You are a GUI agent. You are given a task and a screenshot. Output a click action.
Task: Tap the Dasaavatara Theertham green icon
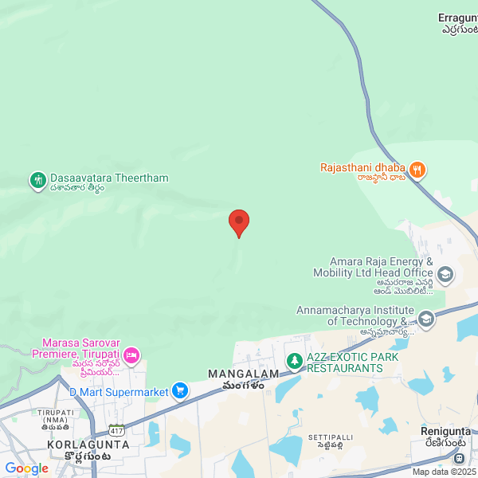coord(37,180)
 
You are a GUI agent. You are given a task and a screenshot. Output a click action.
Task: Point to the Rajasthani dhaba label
coord(363,168)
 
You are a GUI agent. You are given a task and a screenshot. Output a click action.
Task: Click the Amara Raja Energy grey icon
coord(445,276)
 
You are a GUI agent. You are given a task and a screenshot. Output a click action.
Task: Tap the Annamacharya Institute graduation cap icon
coord(426,320)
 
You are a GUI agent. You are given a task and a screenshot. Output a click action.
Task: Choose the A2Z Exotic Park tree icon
coord(295,362)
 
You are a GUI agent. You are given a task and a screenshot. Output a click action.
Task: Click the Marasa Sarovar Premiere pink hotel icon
coord(131,354)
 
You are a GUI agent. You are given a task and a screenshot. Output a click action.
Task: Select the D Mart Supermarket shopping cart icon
coord(181,391)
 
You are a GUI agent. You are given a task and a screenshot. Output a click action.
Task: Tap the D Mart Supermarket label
coord(119,392)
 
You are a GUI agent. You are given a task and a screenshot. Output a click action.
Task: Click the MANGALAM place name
coord(243,374)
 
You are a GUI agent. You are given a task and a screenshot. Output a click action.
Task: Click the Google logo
coord(26,468)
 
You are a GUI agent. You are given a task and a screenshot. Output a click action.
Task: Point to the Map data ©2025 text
coord(443,472)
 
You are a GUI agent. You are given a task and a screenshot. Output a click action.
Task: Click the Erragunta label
coord(457,18)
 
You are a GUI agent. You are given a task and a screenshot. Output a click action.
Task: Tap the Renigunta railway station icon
coord(459,459)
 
